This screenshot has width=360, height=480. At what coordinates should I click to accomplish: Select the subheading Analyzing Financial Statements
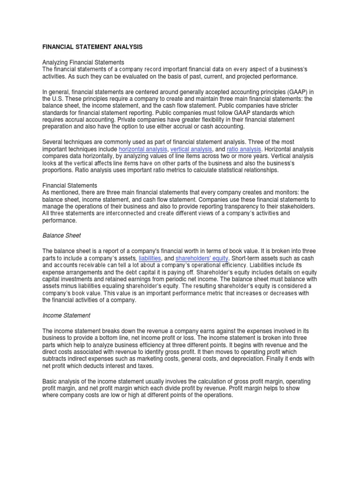tap(83, 62)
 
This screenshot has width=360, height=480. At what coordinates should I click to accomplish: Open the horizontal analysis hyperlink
tap(143, 150)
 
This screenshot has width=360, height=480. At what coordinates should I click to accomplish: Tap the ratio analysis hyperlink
tap(243, 150)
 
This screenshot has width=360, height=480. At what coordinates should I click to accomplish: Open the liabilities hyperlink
tap(153, 258)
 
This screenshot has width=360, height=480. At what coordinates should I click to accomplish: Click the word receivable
tap(89, 265)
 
